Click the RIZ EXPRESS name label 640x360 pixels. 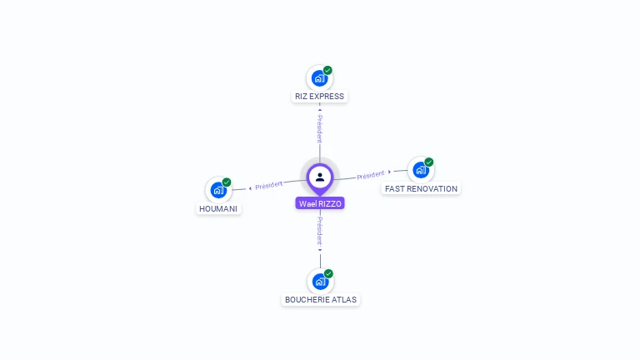(319, 97)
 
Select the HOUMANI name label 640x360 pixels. (218, 208)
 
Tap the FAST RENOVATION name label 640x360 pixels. (421, 189)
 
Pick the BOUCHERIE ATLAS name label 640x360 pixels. (322, 300)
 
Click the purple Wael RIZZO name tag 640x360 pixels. (320, 203)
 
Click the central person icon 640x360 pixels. (320, 177)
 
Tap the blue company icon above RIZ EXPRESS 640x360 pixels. (318, 78)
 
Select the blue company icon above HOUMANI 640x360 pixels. (217, 190)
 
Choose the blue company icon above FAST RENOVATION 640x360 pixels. (420, 170)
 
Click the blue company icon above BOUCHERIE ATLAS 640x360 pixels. (320, 282)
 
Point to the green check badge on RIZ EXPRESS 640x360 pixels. (328, 70)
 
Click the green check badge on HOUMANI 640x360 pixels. (227, 182)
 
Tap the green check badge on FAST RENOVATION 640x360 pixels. (429, 162)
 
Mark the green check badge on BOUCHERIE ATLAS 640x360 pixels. (329, 273)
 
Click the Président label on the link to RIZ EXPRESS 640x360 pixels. (320, 128)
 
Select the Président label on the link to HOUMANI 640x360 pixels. (268, 185)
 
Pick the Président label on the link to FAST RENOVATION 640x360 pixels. (371, 175)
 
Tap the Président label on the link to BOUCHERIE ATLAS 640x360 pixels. (320, 230)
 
